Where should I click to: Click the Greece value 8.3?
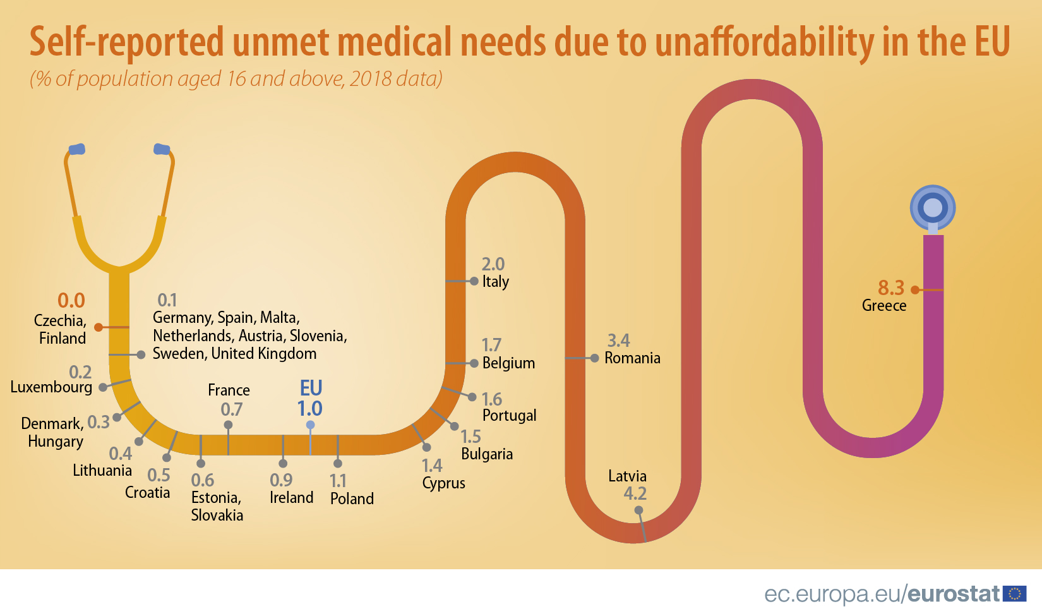890,288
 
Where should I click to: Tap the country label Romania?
632,358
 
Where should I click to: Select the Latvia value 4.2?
635,493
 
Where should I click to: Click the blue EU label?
311,387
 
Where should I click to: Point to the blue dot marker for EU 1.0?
310,425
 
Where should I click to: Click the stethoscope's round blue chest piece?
933,207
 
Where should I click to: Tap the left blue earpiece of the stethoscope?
76,149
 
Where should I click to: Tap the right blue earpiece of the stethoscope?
162,149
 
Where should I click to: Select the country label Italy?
496,282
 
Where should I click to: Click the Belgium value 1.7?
491,345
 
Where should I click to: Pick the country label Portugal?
509,416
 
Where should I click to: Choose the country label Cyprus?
443,483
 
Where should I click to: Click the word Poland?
352,499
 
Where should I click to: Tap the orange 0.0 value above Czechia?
71,301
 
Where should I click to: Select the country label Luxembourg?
51,387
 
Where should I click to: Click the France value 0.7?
231,409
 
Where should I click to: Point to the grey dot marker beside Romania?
594,358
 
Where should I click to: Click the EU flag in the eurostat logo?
1014,594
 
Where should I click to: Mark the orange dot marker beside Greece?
914,290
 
